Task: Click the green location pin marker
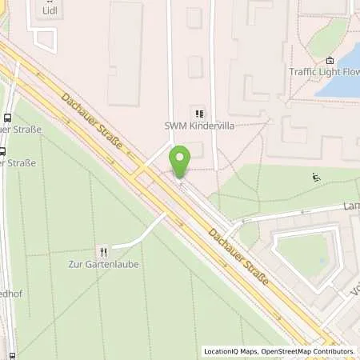tap(179, 160)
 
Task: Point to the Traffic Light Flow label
tap(322, 71)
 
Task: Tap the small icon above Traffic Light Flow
tap(330, 59)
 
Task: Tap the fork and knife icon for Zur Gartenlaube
tap(101, 249)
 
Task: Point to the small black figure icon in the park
tap(317, 178)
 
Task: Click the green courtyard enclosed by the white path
tap(304, 252)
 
